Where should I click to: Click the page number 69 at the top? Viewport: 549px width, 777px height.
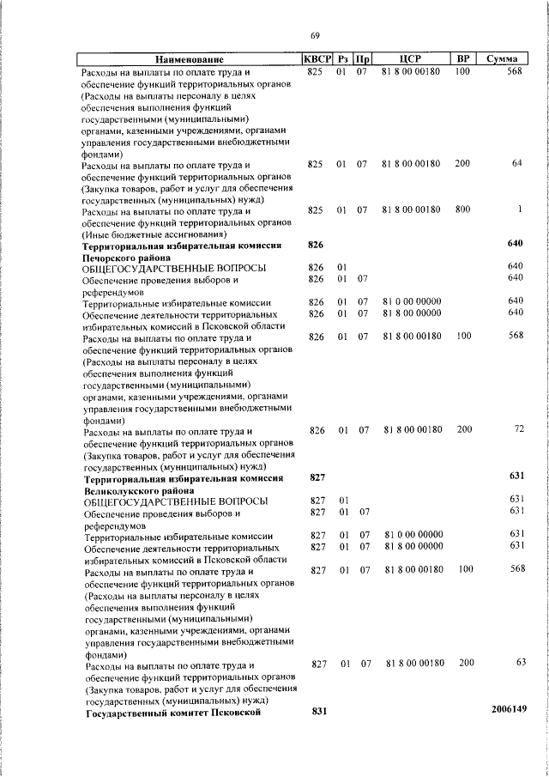click(315, 35)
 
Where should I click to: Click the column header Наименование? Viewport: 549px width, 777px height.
click(190, 59)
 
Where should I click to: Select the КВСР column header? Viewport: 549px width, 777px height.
click(317, 59)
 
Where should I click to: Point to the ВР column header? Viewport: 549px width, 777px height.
click(463, 59)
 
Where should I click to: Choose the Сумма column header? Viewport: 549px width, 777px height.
click(501, 59)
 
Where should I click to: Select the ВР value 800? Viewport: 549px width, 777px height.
click(463, 209)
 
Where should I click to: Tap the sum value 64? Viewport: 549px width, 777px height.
click(516, 163)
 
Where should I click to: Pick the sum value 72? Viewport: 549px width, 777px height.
click(518, 428)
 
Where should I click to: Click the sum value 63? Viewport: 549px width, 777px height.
click(518, 664)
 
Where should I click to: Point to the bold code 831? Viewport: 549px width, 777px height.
click(319, 711)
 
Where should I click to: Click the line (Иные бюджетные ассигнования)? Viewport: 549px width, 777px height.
click(154, 233)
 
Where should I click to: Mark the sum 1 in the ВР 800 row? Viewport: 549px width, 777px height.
click(520, 209)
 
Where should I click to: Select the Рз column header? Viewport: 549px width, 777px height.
click(342, 59)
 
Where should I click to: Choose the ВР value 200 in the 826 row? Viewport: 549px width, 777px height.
click(463, 428)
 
